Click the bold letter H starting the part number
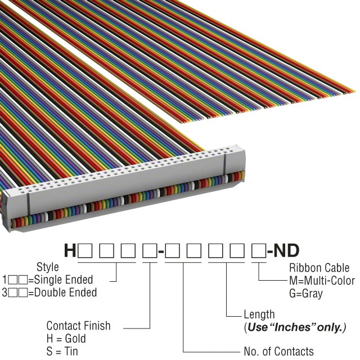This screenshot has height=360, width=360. coord(70,250)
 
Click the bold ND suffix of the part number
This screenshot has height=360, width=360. coord(286,250)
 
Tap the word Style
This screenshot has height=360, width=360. coord(48,267)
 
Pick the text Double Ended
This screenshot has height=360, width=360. coord(68,292)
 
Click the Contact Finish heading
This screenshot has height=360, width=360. coord(78,326)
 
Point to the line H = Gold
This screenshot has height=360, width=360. coord(66,339)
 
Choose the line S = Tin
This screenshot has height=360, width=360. coord(62,352)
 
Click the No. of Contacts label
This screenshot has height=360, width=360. coord(278,352)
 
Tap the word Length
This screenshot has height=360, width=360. coord(259,314)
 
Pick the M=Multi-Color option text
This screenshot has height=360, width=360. coord(322,280)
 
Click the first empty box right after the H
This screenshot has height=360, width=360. coord(85,250)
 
